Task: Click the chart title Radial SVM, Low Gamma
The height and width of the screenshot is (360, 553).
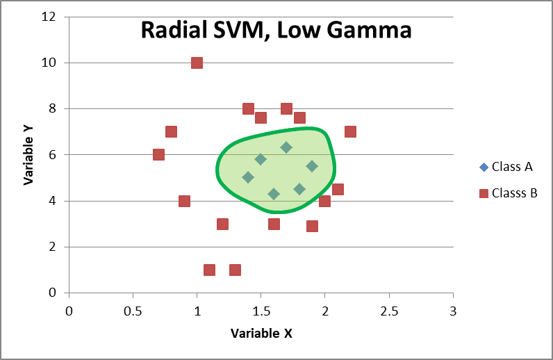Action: click(x=276, y=31)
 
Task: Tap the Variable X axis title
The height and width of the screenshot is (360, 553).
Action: click(x=261, y=333)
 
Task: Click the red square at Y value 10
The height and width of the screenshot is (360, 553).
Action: click(x=197, y=63)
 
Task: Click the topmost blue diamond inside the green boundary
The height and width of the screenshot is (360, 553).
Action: click(x=286, y=147)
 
